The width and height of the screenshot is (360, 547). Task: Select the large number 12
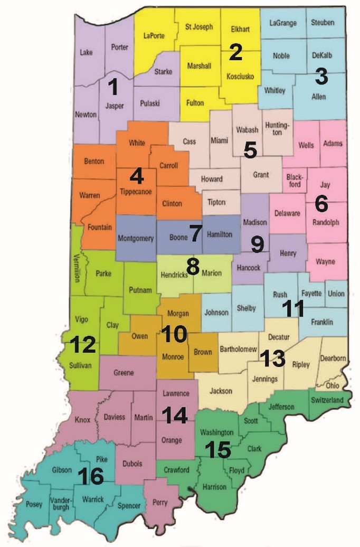click(x=82, y=345)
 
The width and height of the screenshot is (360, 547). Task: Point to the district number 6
click(x=321, y=202)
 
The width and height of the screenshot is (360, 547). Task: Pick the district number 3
click(x=321, y=77)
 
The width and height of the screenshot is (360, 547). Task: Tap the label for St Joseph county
click(x=198, y=26)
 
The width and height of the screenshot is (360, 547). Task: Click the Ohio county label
click(x=332, y=385)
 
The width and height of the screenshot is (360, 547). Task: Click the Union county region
click(x=336, y=294)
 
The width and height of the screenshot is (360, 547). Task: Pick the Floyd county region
click(x=236, y=469)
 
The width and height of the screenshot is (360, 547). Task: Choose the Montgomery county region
click(x=136, y=238)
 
